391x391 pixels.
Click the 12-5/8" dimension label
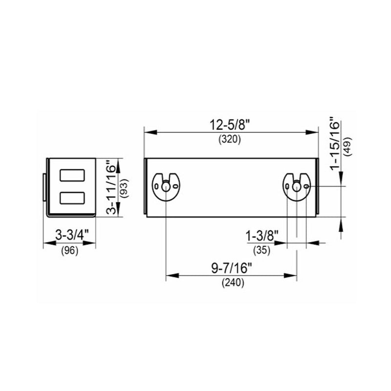click(229, 125)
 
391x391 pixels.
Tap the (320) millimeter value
click(230, 140)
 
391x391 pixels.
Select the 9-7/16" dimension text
click(232, 269)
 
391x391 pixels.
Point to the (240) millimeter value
click(233, 283)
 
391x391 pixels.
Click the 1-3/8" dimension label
click(262, 236)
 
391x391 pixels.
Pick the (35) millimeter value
click(261, 250)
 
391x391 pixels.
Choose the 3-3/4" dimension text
click(72, 235)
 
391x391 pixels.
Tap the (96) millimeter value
click(69, 251)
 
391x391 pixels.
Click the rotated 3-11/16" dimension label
click(111, 188)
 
